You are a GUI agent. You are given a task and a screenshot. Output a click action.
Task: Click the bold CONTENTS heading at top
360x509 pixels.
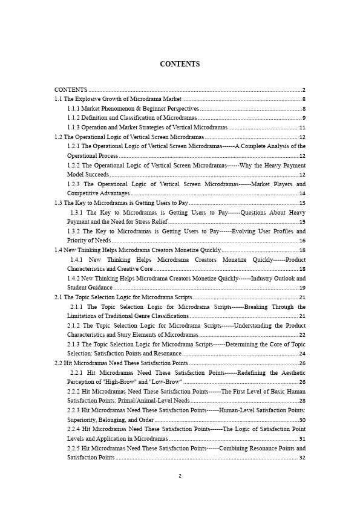click(x=180, y=64)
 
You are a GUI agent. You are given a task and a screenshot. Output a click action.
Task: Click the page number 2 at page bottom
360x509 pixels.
click(x=180, y=476)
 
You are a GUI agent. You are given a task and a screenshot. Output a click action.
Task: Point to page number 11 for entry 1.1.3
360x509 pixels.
click(x=302, y=128)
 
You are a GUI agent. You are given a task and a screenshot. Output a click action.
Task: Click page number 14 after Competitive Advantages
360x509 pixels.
click(x=302, y=193)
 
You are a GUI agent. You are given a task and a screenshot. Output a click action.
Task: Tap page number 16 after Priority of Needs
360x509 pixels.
click(x=302, y=241)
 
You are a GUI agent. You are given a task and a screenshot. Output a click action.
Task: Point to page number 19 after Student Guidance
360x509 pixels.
click(x=302, y=288)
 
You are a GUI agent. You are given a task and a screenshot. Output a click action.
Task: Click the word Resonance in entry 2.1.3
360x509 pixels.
click(x=168, y=354)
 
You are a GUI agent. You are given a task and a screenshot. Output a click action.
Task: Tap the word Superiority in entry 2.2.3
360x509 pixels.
click(x=83, y=420)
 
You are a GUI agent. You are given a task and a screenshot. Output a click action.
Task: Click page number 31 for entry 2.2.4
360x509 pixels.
click(x=302, y=439)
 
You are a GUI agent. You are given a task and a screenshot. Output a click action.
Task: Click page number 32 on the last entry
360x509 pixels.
click(x=302, y=458)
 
